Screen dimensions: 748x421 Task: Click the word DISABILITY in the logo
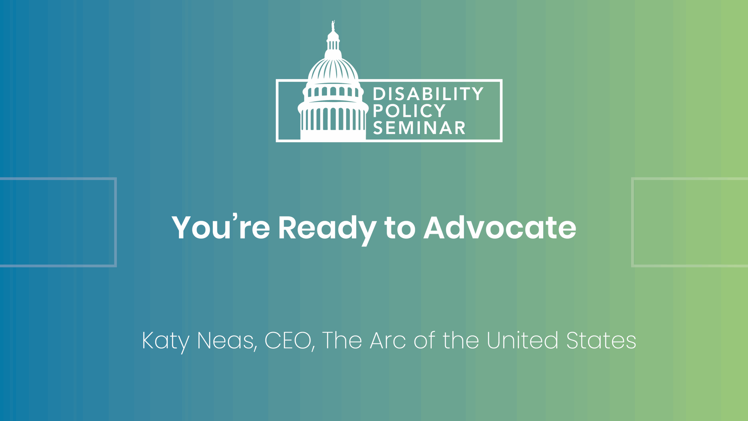[428, 94]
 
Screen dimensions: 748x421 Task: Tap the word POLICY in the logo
[409, 111]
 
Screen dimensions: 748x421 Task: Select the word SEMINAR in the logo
[419, 128]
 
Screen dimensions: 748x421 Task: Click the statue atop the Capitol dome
[333, 25]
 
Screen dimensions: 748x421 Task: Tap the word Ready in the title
[327, 230]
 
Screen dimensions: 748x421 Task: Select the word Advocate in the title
[500, 227]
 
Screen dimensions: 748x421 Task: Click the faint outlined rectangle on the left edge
[115, 222]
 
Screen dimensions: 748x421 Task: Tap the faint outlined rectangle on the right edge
[633, 222]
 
